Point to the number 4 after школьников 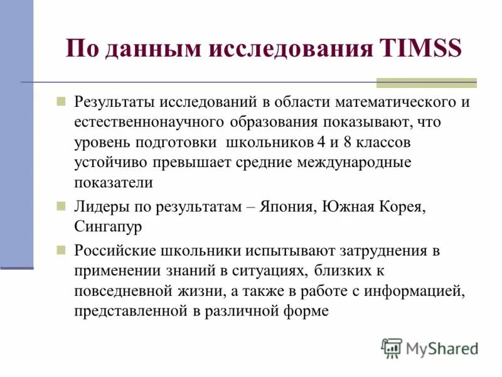click(312, 142)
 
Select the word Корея click(404, 205)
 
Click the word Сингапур click(108, 226)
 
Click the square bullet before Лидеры click(61, 205)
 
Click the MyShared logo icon click(392, 347)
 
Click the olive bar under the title click(426, 83)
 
